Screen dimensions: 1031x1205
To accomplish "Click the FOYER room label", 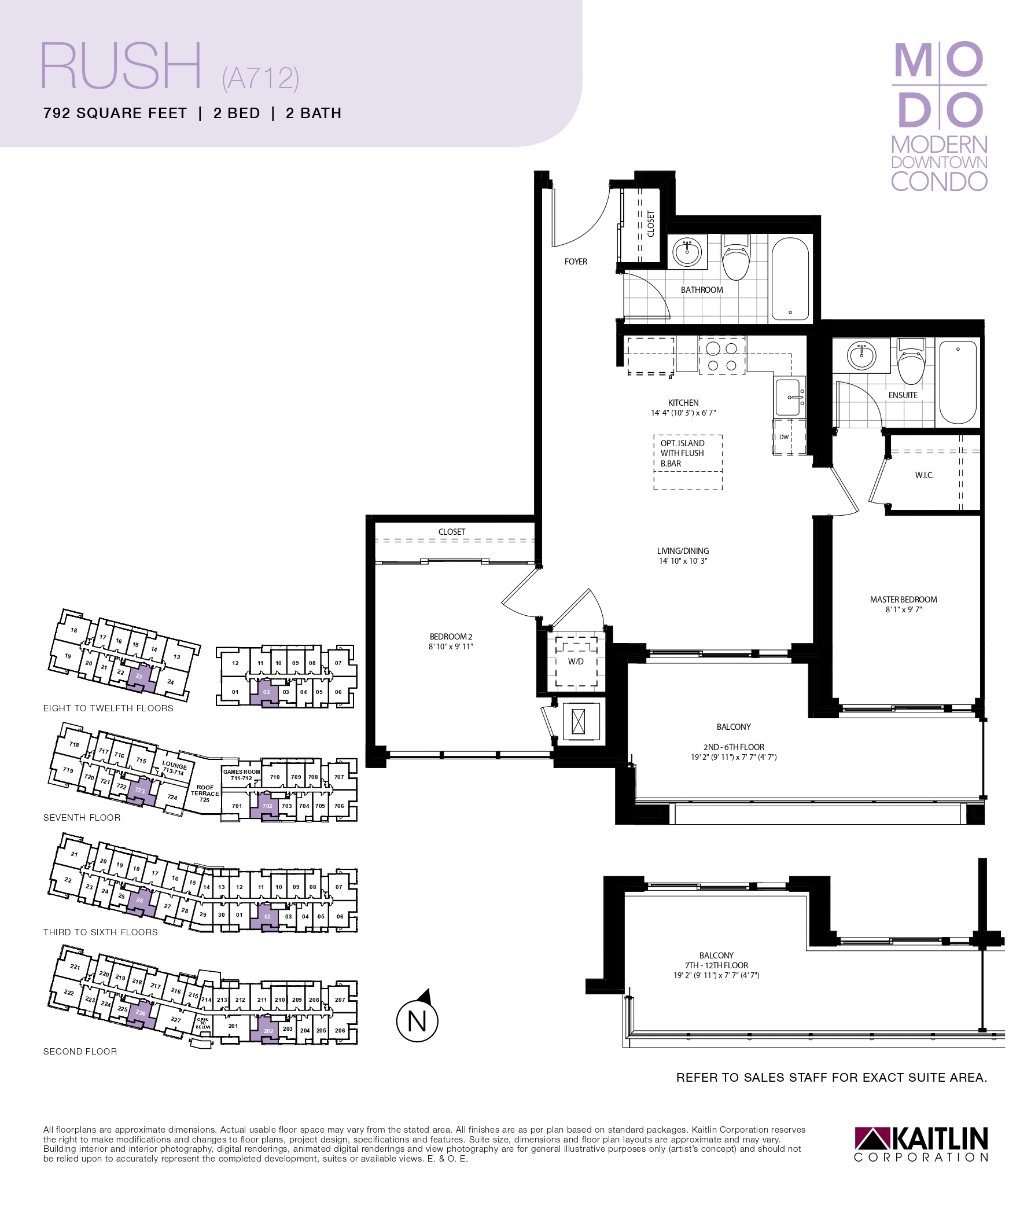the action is [x=576, y=262].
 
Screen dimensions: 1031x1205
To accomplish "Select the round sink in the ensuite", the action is [x=861, y=355].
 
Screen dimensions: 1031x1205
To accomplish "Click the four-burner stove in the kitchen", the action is [x=721, y=357].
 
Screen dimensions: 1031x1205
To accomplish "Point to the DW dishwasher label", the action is [x=784, y=437].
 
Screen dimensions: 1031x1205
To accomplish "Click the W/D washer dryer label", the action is [x=576, y=661].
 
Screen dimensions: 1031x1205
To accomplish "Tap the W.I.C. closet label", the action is [x=924, y=475].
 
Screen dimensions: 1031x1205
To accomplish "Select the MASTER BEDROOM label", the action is [x=903, y=599].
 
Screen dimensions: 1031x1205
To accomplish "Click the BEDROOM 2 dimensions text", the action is [x=451, y=646].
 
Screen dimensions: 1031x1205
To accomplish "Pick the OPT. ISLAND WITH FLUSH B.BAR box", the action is [x=688, y=462].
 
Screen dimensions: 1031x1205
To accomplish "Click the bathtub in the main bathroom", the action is [x=790, y=278].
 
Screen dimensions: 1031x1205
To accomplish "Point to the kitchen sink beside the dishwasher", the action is [x=789, y=396].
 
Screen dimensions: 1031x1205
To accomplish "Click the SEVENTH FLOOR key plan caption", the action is [x=82, y=818].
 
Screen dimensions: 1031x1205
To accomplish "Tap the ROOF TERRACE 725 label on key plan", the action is [x=205, y=793].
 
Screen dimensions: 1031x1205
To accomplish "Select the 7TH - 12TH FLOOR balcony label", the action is [x=716, y=965].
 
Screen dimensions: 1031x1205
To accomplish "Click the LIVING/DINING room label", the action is [x=683, y=551].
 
